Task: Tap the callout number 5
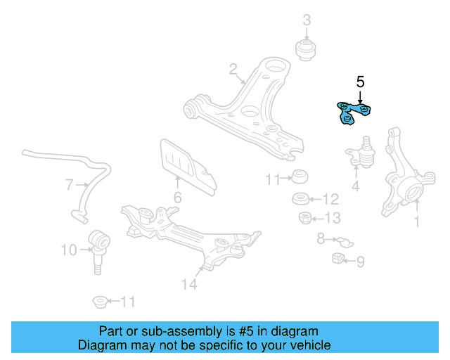click(360, 82)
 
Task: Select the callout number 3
click(307, 20)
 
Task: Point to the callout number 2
click(233, 69)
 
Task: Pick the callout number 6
click(177, 198)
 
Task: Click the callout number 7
click(70, 186)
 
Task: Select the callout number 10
click(69, 250)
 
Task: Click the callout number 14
click(188, 284)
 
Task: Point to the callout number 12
click(330, 199)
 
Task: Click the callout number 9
click(361, 262)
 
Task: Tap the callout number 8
click(321, 239)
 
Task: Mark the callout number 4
click(356, 187)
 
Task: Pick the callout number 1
click(416, 223)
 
